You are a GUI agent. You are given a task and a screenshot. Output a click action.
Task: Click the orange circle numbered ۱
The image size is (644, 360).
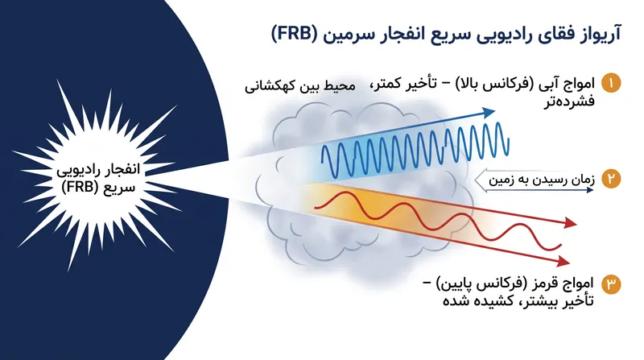coord(611,84)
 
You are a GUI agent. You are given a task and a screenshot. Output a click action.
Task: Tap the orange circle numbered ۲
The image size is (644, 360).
coord(611,179)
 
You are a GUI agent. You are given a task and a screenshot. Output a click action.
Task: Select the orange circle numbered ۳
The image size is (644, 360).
coord(611,284)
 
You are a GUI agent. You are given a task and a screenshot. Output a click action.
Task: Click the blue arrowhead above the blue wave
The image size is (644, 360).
coord(488,112)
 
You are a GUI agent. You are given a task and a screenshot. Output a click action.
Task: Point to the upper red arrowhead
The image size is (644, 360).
coord(571,223)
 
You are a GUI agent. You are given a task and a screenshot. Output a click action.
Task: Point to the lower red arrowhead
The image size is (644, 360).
coord(564,261)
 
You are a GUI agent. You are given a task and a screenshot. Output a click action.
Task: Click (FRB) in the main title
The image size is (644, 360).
coord(295,34)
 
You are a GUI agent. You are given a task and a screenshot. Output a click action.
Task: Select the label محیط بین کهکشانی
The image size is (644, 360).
coord(300,86)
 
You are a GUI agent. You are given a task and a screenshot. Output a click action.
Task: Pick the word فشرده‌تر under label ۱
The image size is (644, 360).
coord(569,101)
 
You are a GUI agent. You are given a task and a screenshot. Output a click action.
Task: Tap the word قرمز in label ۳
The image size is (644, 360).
coord(541,283)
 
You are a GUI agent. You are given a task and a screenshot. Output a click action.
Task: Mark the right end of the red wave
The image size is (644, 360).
coord(561,246)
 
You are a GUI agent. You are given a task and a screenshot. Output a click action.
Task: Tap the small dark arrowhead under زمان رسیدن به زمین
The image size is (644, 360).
coord(591,190)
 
